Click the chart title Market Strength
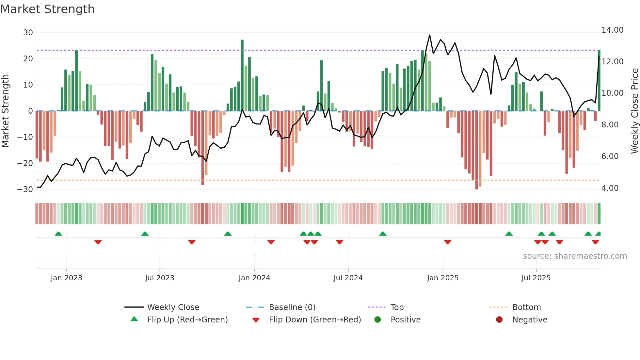tap(47, 9)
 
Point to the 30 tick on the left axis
tap(28, 33)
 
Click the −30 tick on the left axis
tap(25, 189)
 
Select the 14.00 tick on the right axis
tap(612, 30)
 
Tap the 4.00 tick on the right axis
tap(610, 188)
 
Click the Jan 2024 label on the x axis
tap(254, 278)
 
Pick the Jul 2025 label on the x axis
tap(536, 278)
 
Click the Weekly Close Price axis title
tap(634, 111)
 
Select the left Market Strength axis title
tap(6, 111)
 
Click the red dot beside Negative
tap(499, 320)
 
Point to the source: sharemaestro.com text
tap(575, 256)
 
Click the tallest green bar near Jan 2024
tap(242, 75)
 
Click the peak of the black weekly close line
tap(429, 35)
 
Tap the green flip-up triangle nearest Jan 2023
tap(58, 234)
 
